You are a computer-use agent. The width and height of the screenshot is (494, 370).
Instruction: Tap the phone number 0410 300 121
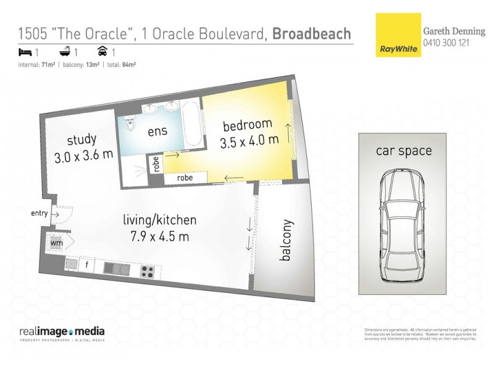447,41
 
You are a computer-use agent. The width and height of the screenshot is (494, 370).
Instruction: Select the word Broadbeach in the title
312,33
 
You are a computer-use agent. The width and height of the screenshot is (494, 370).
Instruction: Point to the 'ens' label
157,131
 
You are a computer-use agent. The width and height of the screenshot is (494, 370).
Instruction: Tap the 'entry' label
39,213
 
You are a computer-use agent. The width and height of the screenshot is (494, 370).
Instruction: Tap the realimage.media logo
62,331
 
